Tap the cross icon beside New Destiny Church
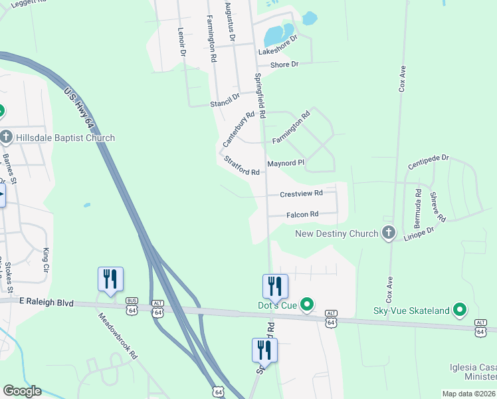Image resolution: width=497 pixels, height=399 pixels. (389, 233)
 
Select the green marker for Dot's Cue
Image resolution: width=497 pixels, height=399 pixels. (306, 305)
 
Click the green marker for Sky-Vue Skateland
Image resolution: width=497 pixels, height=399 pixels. (458, 309)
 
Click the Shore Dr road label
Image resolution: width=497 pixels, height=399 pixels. (284, 65)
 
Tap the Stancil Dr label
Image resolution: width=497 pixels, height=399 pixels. (224, 100)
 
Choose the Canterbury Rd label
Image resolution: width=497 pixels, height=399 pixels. (239, 129)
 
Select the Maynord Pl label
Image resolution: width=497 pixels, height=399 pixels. (285, 163)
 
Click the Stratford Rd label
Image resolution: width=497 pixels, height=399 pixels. (241, 166)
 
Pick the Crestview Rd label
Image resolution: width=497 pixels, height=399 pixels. (301, 194)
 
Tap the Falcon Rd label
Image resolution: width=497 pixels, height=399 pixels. (302, 215)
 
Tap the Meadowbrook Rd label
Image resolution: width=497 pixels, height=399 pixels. (117, 336)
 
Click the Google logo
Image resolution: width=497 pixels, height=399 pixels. (23, 391)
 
